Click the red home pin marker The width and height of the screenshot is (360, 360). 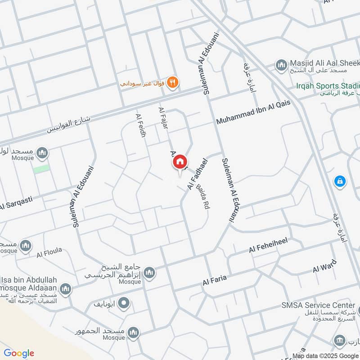(x=180, y=162)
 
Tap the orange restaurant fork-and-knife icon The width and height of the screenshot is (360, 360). (x=173, y=82)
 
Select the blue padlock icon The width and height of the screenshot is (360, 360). (x=340, y=181)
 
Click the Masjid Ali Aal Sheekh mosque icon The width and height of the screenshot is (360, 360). (x=282, y=65)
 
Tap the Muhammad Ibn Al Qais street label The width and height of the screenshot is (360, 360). (x=253, y=113)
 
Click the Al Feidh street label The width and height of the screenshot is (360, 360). (x=140, y=125)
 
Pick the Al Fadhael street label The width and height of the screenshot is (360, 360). (x=196, y=173)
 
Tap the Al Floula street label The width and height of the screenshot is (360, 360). (x=49, y=252)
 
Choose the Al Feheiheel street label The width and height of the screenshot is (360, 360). (x=268, y=246)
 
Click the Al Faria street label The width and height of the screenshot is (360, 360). (x=214, y=281)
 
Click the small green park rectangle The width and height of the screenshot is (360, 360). (x=41, y=168)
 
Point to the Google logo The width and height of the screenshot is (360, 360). (x=18, y=353)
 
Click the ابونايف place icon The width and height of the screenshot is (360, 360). (x=124, y=304)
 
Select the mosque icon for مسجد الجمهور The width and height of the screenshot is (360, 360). (x=133, y=333)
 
